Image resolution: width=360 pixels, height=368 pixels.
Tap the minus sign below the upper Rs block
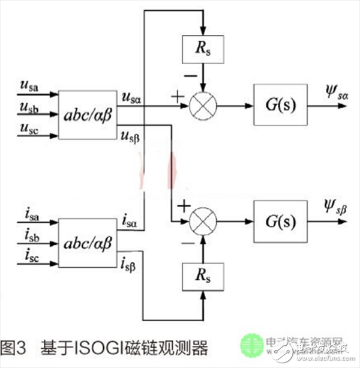click(x=191, y=77)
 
